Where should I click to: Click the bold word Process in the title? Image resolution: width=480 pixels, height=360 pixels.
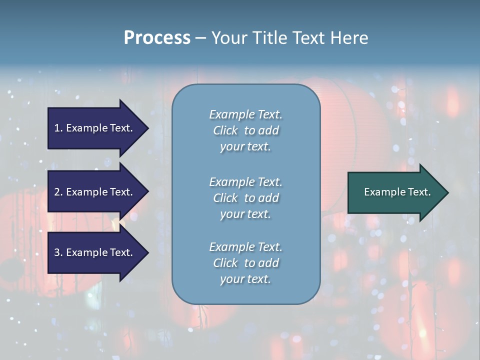pos(157,38)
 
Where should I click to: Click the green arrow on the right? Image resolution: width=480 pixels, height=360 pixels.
pos(395,192)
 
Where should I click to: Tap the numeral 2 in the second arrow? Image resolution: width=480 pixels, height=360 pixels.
pos(57,192)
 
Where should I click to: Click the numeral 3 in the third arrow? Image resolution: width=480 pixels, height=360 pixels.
pos(57,252)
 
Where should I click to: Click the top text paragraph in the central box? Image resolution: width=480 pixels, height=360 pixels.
pos(245,130)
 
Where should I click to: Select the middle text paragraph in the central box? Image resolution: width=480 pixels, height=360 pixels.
pos(245,198)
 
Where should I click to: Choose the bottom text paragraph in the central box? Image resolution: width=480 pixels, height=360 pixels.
pos(245,263)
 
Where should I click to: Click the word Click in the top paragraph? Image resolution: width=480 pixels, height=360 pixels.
pos(225,130)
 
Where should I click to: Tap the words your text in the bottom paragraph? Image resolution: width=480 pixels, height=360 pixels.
pos(245,279)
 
